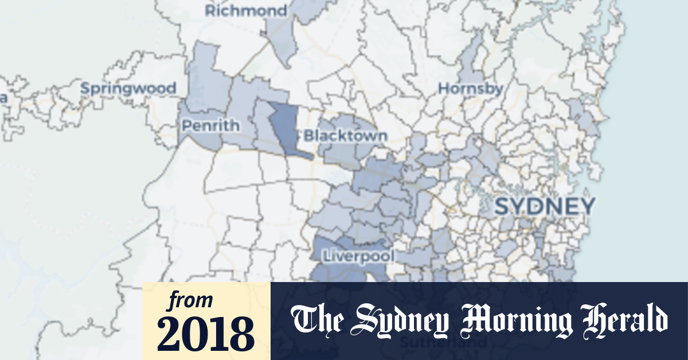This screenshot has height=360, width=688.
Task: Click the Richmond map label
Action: point(247,11)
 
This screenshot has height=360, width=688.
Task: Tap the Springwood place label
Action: point(128,89)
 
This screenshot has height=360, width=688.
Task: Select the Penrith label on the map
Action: point(209,125)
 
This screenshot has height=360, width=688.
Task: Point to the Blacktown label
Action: point(346,136)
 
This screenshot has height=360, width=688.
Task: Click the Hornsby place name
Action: point(470,89)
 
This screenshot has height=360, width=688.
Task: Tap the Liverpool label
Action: point(358,256)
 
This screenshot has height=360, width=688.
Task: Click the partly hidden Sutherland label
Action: point(441,343)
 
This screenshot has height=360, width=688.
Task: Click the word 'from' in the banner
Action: point(190,300)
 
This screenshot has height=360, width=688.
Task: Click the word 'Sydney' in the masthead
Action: point(401,320)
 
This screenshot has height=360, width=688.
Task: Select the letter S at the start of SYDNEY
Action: point(502,206)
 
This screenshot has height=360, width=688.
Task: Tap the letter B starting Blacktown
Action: point(309,136)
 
